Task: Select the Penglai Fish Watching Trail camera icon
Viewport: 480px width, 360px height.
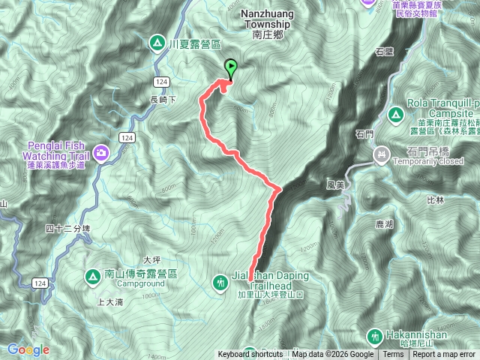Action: click(x=101, y=154)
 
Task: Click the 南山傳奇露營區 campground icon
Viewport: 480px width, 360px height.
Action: click(x=92, y=277)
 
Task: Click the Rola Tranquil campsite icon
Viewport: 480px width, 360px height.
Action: click(x=395, y=115)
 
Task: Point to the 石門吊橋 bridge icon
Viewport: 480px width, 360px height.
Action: click(x=382, y=154)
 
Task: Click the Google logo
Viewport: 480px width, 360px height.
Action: click(x=28, y=349)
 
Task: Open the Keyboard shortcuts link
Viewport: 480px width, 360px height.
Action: click(x=250, y=355)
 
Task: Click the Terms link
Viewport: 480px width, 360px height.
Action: click(x=393, y=355)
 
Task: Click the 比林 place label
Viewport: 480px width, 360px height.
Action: click(x=435, y=200)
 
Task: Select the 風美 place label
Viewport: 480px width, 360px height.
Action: click(x=335, y=183)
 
